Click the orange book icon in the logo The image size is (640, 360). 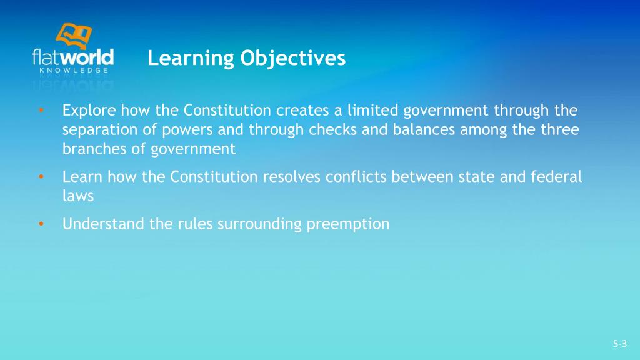click(x=74, y=36)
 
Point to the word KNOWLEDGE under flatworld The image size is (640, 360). click(x=72, y=71)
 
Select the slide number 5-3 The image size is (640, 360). click(x=619, y=344)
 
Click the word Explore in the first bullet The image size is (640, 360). click(x=89, y=111)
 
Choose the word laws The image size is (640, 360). click(x=77, y=196)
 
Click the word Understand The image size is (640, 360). click(x=104, y=224)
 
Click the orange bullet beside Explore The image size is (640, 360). click(x=40, y=111)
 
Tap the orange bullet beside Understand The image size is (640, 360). click(x=40, y=224)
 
